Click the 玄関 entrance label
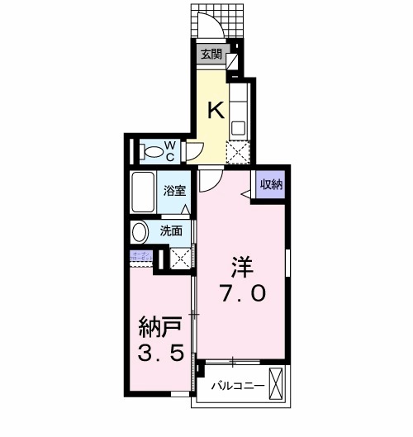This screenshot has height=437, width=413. pos(211,55)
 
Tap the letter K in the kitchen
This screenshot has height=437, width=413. pos(215,111)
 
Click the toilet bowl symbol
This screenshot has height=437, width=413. pos(151,152)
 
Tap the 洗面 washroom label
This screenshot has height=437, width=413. pos(172,230)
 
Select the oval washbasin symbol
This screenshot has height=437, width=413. pos(140,231)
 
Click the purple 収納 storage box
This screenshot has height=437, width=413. pos(270,185)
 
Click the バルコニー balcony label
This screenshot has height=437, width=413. pos(237,385)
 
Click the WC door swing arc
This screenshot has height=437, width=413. pos(196,152)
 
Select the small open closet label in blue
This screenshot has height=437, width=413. pos(139,257)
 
